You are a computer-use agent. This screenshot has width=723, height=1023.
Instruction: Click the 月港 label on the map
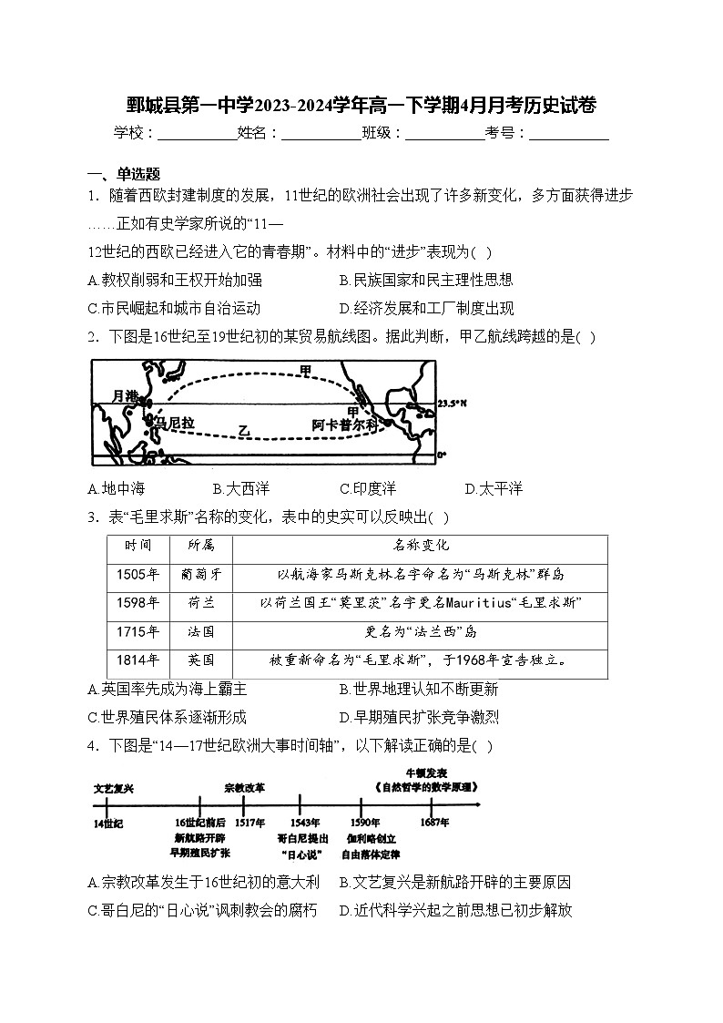pos(125,395)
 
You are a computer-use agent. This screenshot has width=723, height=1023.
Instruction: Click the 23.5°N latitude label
pos(450,403)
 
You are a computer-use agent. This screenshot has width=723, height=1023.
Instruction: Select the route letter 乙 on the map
pos(243,428)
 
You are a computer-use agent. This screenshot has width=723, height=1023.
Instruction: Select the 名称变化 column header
pos(420,546)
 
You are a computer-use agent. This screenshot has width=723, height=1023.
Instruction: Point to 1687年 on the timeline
pos(434,823)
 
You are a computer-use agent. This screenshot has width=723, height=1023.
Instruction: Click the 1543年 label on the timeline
pos(300,823)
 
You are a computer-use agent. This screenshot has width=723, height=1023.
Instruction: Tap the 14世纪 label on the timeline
pos(107,823)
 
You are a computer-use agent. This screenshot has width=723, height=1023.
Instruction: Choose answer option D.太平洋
pos(494,489)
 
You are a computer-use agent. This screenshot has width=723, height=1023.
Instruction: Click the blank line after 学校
pos(198,133)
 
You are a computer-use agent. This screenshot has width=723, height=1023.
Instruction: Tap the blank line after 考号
pos(569,133)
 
